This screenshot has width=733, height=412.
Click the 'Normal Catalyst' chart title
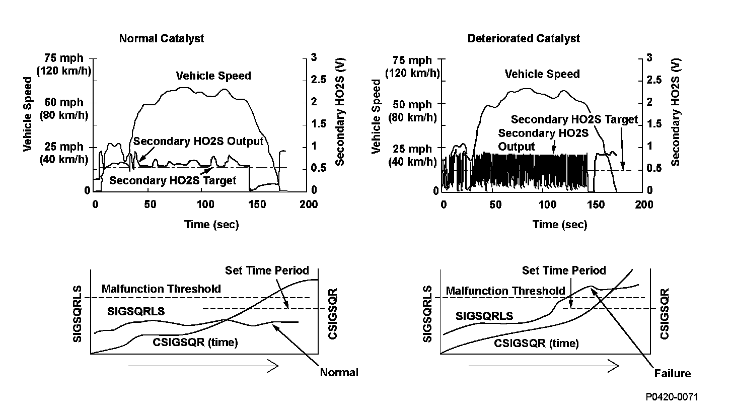(162, 39)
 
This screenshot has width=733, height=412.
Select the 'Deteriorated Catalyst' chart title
(524, 39)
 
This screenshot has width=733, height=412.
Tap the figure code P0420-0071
(672, 397)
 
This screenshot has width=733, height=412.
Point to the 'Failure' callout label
(673, 374)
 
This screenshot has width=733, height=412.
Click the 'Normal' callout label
(339, 373)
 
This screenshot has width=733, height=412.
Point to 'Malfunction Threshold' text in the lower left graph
(161, 289)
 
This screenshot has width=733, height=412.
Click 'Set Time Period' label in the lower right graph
(564, 270)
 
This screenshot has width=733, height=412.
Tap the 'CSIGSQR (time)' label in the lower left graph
(195, 342)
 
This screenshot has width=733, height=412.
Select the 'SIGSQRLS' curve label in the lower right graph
(484, 316)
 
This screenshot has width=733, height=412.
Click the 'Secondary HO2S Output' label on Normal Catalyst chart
(198, 142)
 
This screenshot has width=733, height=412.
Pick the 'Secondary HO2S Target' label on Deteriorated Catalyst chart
(574, 119)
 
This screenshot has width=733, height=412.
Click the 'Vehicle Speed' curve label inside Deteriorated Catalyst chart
(543, 75)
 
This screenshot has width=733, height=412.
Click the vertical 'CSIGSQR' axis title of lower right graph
(665, 314)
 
